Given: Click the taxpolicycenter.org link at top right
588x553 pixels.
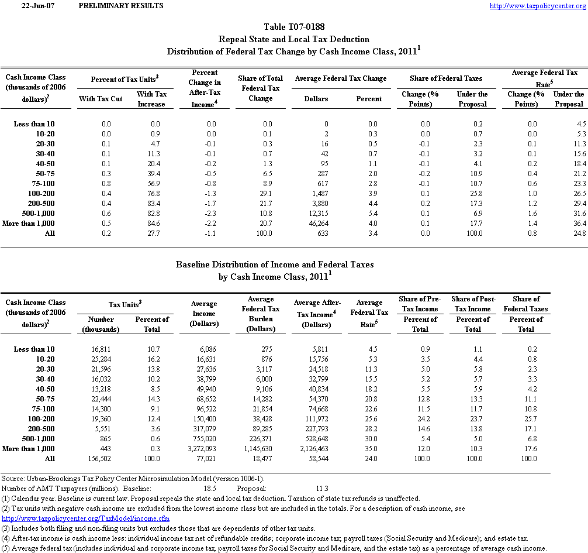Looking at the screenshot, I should point(537,6).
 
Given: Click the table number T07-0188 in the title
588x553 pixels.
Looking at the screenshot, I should point(294,27).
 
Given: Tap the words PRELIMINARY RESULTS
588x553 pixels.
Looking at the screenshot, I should point(120,6).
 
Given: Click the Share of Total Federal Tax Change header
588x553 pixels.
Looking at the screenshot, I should point(260,88).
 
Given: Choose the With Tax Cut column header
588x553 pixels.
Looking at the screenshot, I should point(101,99).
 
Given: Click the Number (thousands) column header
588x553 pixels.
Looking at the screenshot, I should point(101,324).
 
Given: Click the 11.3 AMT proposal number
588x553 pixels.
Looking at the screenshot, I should point(321,488).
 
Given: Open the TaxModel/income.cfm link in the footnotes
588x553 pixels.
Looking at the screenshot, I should point(86,518).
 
